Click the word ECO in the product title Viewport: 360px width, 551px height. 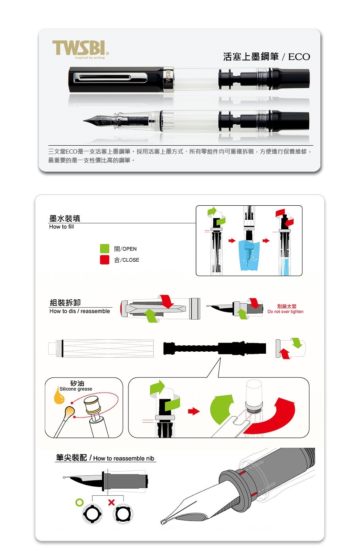click(299, 57)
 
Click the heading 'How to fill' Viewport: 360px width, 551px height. click(61, 226)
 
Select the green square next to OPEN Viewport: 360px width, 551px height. click(104, 248)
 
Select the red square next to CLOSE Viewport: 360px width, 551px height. click(104, 260)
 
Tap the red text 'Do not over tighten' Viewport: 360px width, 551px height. click(285, 311)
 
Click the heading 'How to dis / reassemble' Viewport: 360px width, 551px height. click(80, 311)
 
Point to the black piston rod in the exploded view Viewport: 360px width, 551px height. click(214, 348)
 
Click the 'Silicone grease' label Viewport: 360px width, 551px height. click(76, 389)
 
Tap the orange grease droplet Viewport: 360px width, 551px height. click(59, 396)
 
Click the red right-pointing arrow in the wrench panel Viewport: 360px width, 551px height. click(194, 411)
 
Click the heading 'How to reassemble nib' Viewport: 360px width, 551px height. click(124, 458)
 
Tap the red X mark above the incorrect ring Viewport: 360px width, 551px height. click(111, 502)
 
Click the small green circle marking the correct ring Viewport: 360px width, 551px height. click(80, 502)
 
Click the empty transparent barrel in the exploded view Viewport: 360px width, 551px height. click(101, 348)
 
